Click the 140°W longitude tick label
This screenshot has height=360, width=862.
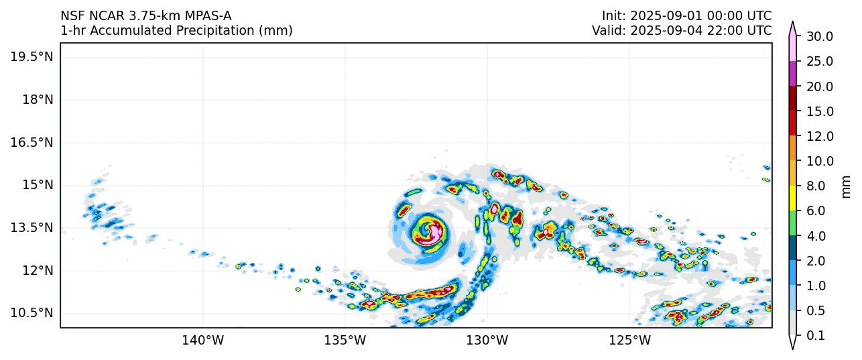tap(202, 340)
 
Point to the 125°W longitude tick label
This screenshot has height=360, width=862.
tap(630, 340)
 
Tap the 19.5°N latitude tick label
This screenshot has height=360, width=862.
tap(32, 56)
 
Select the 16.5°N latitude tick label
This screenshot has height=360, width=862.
tap(32, 142)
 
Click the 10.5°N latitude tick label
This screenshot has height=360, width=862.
tap(32, 313)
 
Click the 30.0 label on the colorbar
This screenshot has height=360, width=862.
tap(819, 36)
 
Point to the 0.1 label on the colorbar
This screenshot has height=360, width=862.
tap(815, 336)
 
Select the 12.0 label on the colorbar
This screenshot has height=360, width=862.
tap(819, 136)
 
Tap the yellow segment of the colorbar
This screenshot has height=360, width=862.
tap(792, 198)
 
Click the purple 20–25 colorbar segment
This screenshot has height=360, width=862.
tap(792, 73)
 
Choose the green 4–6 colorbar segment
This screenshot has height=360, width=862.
tap(792, 223)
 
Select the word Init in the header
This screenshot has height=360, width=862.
tap(613, 15)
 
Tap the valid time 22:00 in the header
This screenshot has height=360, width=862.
tap(721, 30)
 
